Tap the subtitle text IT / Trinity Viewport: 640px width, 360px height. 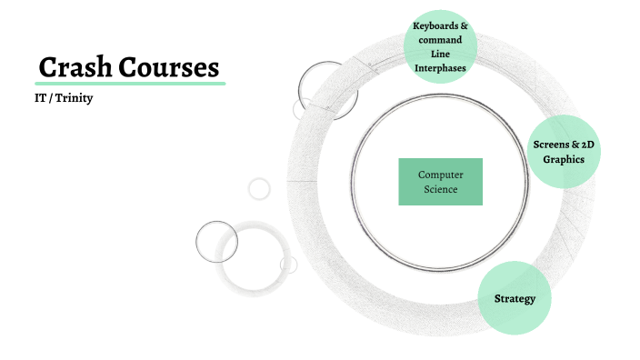(x=64, y=97)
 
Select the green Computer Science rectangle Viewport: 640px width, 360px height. (x=440, y=182)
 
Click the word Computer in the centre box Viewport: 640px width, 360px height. (x=440, y=175)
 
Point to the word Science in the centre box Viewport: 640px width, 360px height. (x=440, y=189)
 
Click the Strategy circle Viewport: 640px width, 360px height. (x=515, y=298)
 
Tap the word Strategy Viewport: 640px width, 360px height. (x=515, y=298)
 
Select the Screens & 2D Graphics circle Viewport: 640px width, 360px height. (x=564, y=152)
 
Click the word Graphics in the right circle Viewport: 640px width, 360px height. (x=564, y=159)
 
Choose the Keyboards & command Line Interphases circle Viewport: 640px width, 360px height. (x=440, y=46)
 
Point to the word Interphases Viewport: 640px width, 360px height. (x=440, y=67)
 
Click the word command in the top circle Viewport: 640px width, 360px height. (x=440, y=40)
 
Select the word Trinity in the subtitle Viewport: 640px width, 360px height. (x=75, y=97)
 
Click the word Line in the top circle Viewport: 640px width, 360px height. (x=440, y=54)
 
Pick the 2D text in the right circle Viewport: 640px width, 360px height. (x=587, y=145)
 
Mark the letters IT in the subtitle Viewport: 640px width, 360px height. (x=40, y=97)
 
